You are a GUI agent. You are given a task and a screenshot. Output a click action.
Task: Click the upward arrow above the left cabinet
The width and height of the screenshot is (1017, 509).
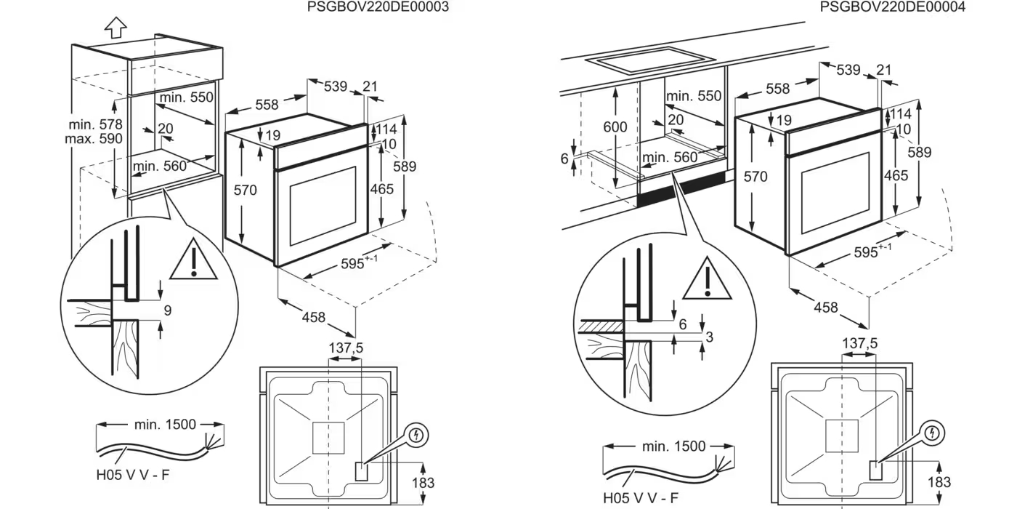(x=116, y=27)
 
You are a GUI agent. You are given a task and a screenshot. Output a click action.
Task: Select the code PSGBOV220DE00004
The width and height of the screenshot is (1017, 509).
(x=893, y=7)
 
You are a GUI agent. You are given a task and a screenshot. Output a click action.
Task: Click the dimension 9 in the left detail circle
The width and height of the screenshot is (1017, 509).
(x=167, y=310)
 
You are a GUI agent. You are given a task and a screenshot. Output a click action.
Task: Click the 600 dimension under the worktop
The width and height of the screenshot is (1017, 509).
(x=615, y=127)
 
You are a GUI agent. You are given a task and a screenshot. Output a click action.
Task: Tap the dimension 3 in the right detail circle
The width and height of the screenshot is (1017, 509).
(x=710, y=336)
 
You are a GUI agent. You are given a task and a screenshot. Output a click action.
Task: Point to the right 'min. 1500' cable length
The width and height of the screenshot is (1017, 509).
(x=673, y=446)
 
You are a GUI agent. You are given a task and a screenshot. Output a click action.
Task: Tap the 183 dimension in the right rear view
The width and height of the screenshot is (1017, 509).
(x=939, y=482)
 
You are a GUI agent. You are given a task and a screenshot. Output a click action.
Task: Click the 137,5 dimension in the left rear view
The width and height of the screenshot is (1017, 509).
(x=346, y=348)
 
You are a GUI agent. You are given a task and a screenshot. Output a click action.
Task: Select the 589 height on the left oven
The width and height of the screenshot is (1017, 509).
(x=404, y=166)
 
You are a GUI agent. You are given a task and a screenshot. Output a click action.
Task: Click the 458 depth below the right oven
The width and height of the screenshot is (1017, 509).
(x=826, y=308)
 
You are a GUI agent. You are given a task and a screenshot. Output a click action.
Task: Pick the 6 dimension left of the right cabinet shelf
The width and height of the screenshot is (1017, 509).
(x=564, y=159)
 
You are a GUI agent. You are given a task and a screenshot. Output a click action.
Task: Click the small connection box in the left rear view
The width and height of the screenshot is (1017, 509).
(x=360, y=472)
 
